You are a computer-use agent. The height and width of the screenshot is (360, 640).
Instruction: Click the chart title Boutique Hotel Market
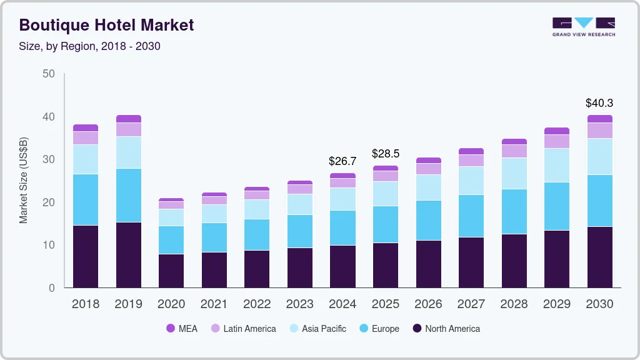tap(106, 25)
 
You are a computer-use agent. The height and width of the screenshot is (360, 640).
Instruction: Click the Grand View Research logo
tap(583, 26)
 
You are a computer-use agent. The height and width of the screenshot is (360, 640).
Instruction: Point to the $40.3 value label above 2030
tap(599, 102)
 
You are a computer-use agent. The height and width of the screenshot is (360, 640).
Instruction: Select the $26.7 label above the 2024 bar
tap(342, 161)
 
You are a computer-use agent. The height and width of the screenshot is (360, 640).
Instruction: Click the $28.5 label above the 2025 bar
tap(386, 154)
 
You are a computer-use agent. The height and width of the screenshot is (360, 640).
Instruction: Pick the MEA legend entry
tap(182, 328)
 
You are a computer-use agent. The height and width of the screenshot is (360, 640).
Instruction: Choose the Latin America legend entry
tap(243, 328)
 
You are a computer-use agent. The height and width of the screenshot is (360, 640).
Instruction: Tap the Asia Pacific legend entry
tap(317, 328)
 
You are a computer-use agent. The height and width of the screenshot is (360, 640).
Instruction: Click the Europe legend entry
tap(378, 328)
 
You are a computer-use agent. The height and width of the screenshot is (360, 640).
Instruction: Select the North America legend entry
tap(446, 328)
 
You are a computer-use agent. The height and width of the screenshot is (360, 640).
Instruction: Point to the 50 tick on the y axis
tap(48, 74)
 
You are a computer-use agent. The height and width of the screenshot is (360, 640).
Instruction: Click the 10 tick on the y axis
tap(48, 245)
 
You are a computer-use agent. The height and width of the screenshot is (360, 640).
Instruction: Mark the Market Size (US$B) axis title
tap(24, 180)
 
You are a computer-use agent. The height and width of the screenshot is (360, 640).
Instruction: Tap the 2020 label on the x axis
tap(171, 304)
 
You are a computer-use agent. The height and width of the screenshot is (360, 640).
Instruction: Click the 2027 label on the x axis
tap(471, 304)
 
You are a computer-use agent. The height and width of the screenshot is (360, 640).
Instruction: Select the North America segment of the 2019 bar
tap(128, 255)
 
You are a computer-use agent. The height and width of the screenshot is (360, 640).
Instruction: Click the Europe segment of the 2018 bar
tap(86, 199)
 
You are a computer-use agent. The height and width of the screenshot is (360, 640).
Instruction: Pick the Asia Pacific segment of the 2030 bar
tap(600, 156)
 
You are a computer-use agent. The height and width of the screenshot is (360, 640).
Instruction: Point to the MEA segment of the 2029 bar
tap(557, 131)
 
